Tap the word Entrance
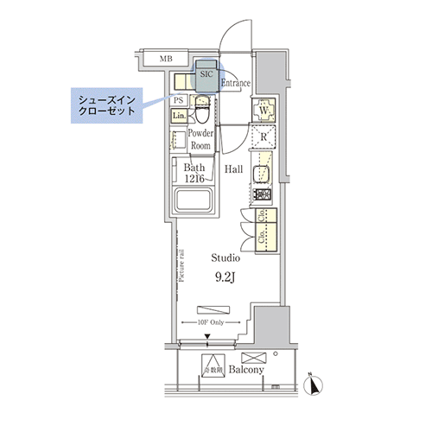point(235,84)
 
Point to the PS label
point(179,100)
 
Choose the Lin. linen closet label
point(179,116)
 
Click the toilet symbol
point(200,111)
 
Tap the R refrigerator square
point(264,138)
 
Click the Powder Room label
point(201,140)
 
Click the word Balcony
point(246,370)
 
